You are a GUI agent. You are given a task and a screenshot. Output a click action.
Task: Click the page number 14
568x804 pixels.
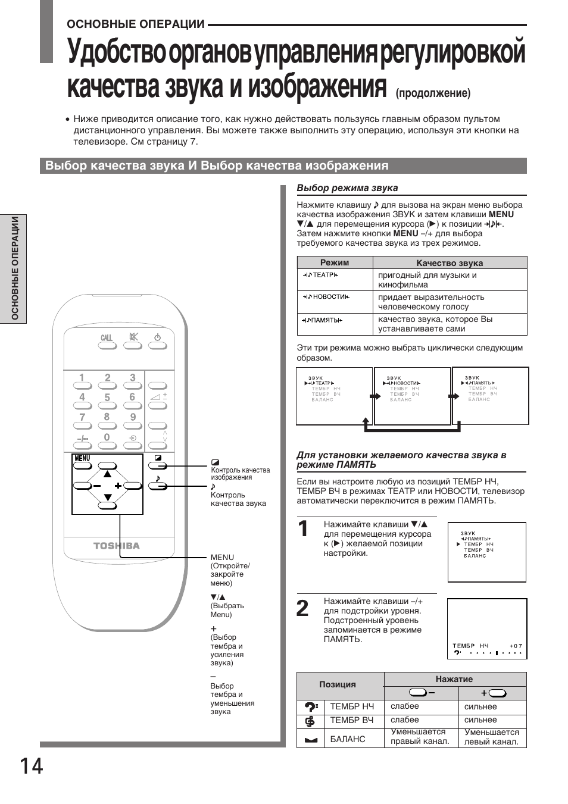[x=31, y=766]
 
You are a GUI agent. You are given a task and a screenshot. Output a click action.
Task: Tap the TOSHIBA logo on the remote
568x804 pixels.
[x=117, y=546]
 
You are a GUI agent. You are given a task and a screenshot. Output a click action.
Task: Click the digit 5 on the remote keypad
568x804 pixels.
[x=107, y=397]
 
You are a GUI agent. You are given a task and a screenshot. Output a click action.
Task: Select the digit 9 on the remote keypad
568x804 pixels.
[x=133, y=417]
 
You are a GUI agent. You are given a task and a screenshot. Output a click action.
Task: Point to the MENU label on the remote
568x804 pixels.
[x=82, y=458]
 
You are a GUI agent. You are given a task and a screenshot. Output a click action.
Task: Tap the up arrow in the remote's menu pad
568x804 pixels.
[x=107, y=474]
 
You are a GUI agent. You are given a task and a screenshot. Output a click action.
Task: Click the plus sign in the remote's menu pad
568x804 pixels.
[x=118, y=486]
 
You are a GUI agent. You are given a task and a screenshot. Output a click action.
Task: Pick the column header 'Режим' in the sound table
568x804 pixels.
[x=335, y=262]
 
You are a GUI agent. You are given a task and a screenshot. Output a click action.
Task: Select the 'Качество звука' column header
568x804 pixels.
[x=450, y=262]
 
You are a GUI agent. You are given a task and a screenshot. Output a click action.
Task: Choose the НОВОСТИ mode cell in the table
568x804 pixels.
[x=325, y=296]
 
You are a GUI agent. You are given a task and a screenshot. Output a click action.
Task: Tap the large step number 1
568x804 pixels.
[x=303, y=528]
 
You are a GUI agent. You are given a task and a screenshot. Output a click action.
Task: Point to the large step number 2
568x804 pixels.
[x=303, y=608]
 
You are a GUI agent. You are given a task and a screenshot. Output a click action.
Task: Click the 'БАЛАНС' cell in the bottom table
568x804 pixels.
[x=348, y=739]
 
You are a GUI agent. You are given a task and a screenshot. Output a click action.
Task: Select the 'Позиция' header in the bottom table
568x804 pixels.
[x=338, y=684]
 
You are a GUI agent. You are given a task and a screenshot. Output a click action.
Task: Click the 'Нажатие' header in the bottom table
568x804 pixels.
[x=454, y=679]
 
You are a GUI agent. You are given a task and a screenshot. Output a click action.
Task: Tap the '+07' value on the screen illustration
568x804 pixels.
[x=516, y=646]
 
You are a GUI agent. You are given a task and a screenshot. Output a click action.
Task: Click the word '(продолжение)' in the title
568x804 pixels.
[x=433, y=93]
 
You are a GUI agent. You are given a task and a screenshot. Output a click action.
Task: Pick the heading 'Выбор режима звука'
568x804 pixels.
[x=347, y=188]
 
